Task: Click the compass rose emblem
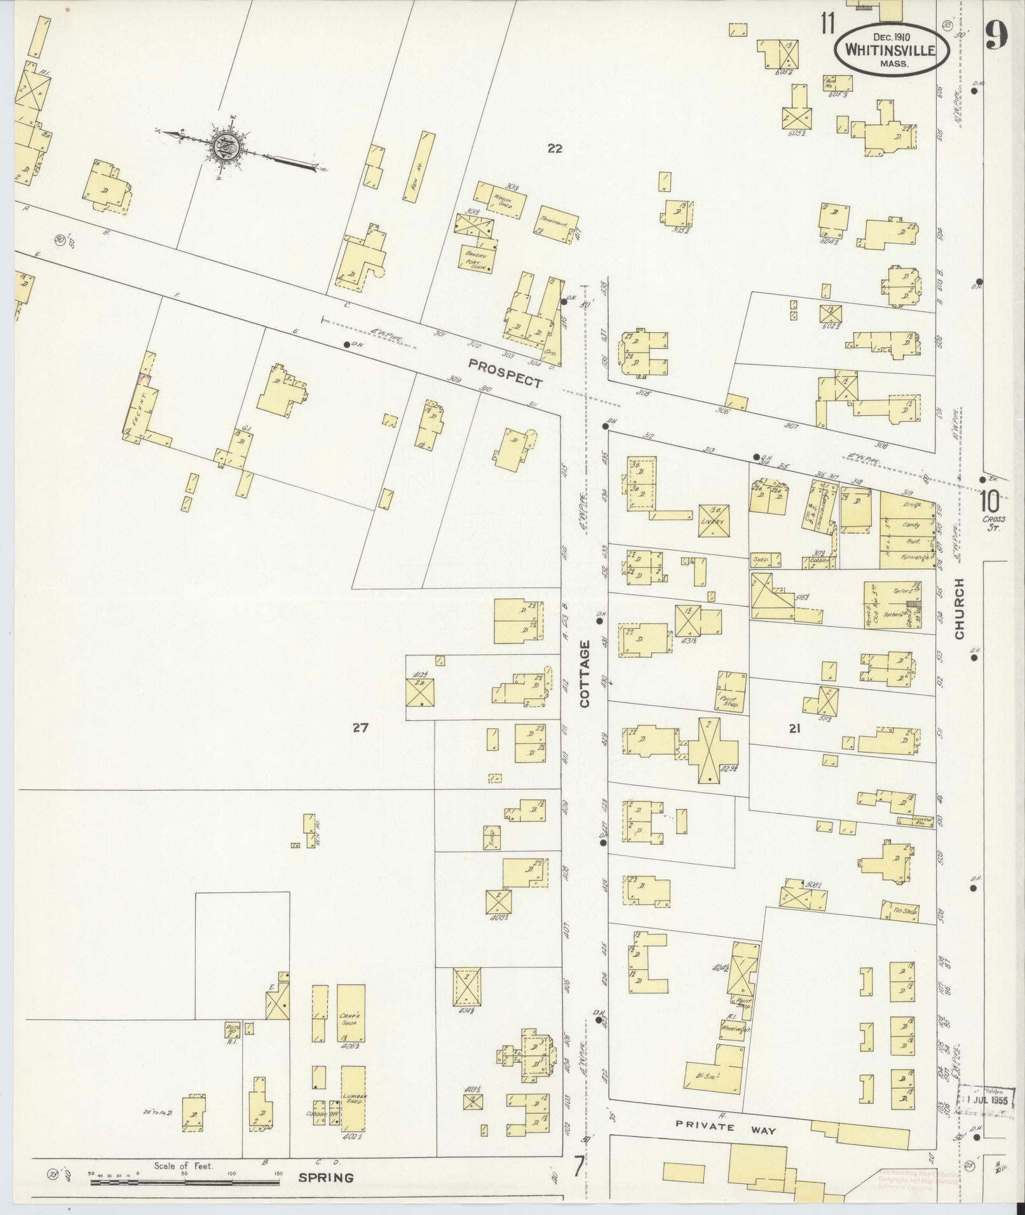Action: tap(226, 146)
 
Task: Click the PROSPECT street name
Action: tap(506, 373)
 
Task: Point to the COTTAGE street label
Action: tap(585, 673)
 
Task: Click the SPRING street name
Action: tap(327, 1178)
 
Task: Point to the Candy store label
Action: tap(910, 525)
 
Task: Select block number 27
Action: tap(360, 728)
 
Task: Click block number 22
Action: tap(555, 149)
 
